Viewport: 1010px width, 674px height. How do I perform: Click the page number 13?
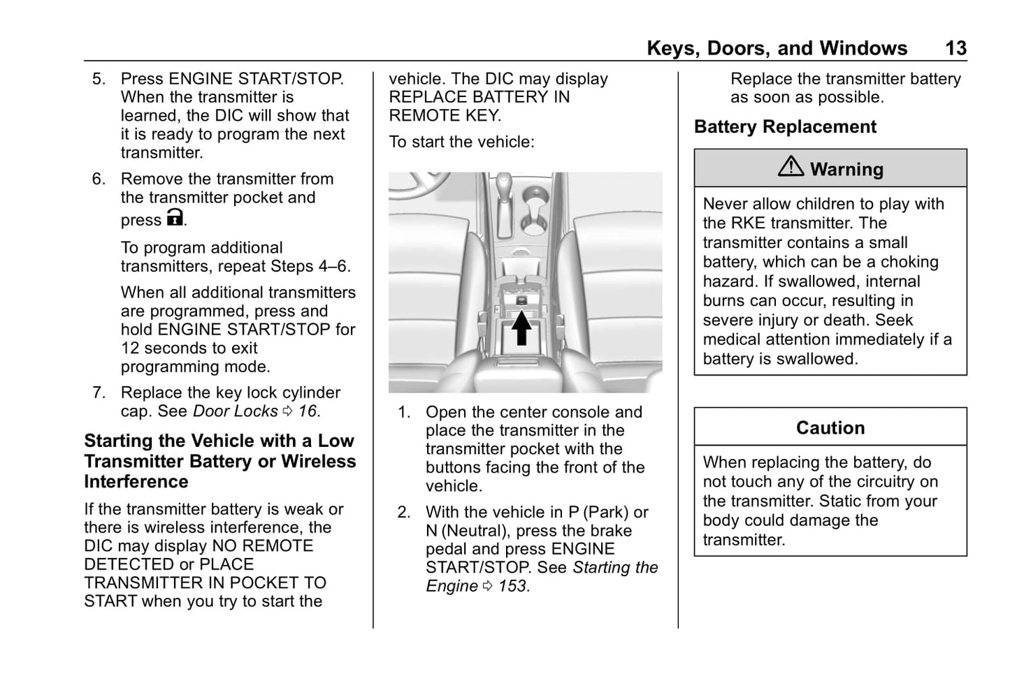(x=955, y=48)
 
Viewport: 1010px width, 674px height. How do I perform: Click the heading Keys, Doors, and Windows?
(x=777, y=48)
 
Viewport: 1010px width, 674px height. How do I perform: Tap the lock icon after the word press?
(x=175, y=218)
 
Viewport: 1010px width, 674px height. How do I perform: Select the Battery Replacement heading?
(x=785, y=127)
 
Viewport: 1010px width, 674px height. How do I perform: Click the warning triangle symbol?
(x=791, y=167)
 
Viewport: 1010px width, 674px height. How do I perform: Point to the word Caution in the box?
(x=830, y=427)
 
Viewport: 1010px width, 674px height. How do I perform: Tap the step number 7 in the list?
(x=99, y=393)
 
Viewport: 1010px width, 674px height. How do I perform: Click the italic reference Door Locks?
(x=235, y=411)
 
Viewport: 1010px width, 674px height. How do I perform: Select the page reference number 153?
(x=512, y=587)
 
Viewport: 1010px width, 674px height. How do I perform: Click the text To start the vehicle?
(x=461, y=142)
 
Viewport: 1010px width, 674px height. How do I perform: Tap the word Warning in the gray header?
(x=846, y=169)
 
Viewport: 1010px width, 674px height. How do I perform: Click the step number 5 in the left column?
(x=99, y=79)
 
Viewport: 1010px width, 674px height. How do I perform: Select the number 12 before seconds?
(x=130, y=348)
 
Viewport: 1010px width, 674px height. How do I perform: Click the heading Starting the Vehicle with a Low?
(x=219, y=441)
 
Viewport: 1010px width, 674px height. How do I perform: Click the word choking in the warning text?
(x=909, y=262)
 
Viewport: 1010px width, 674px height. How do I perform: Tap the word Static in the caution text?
(x=844, y=501)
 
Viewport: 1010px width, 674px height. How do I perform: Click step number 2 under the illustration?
(x=404, y=513)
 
